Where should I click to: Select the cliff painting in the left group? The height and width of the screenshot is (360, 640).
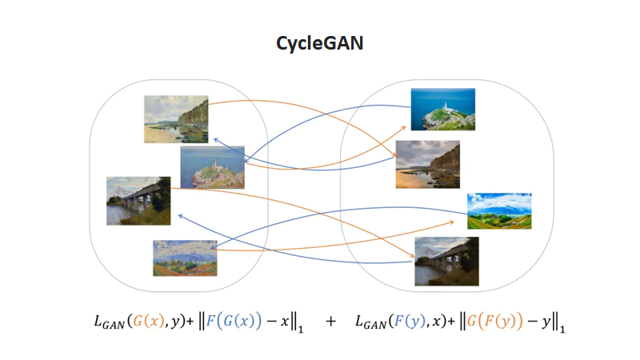[176, 119]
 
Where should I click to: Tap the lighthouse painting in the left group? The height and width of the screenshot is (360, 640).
[212, 166]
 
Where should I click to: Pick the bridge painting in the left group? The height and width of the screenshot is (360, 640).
[138, 201]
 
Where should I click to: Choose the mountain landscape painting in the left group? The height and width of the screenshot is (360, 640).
[185, 258]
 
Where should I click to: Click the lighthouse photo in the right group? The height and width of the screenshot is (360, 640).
[442, 109]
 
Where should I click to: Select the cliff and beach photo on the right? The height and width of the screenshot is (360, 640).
[427, 164]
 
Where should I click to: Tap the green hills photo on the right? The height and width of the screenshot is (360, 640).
[499, 210]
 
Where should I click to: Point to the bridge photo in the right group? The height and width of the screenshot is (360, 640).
[446, 261]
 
